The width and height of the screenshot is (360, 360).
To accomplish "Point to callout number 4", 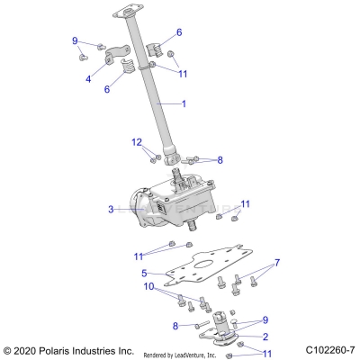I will [88, 79].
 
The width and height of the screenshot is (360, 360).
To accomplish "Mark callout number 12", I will [136, 142].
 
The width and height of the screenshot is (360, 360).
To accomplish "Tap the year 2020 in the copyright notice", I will [22, 349].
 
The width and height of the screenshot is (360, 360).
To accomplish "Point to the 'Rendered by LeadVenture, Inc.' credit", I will [192, 354].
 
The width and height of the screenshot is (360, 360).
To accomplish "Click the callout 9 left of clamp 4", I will [76, 40].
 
